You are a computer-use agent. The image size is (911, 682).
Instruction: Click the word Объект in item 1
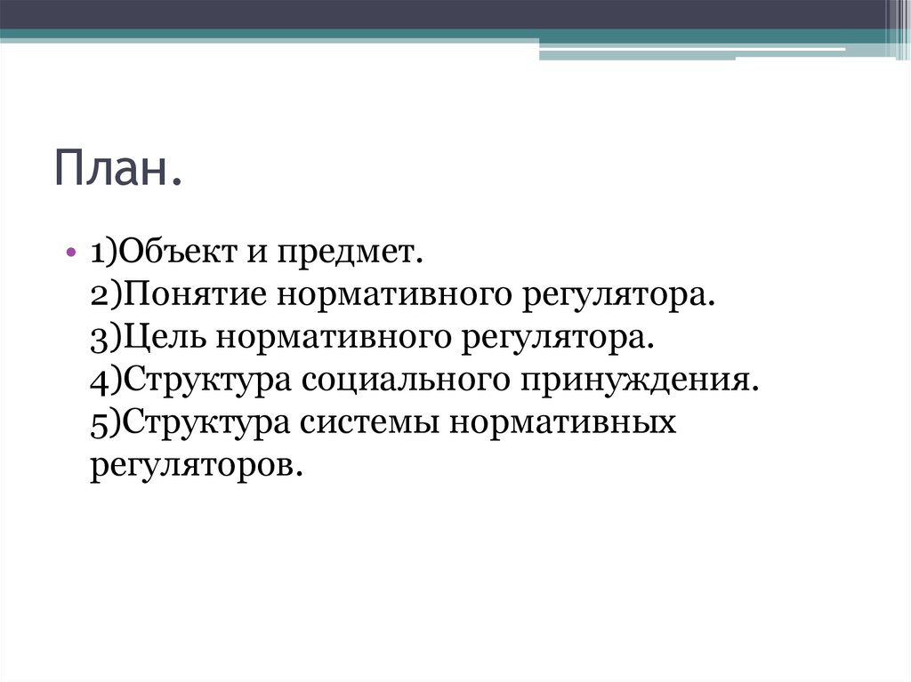point(173,253)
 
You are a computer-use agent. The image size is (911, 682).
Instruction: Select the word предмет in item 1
point(351,253)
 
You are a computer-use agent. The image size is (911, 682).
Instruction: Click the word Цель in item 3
point(163,337)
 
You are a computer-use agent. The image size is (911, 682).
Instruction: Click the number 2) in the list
point(105,294)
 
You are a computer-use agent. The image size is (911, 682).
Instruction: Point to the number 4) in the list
point(105,380)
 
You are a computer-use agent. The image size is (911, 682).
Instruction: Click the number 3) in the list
point(105,337)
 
